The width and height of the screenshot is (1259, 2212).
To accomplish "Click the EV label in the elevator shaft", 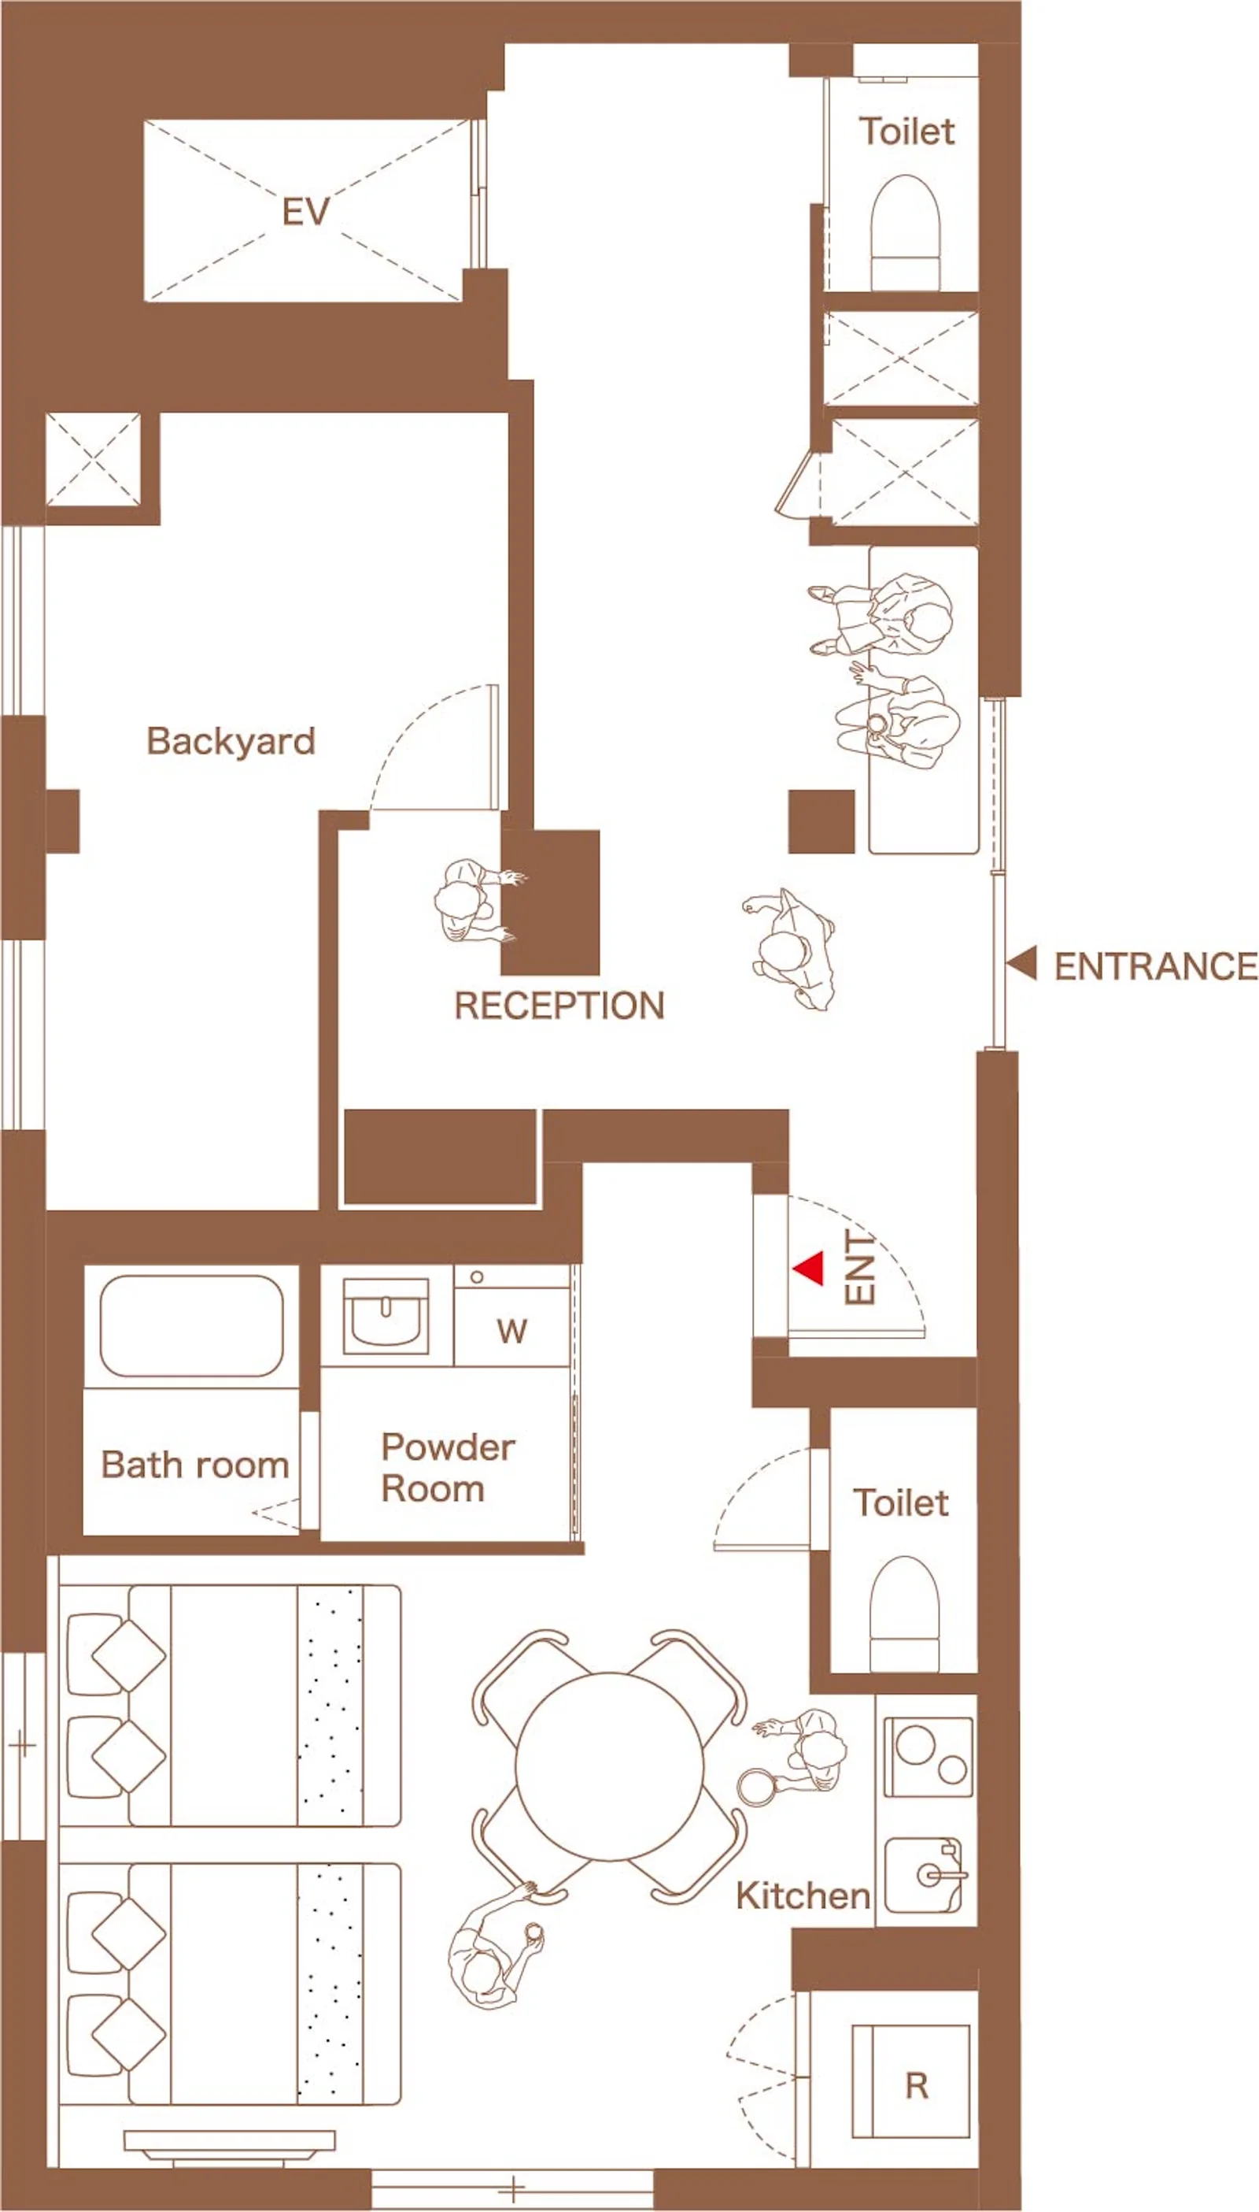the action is (306, 212).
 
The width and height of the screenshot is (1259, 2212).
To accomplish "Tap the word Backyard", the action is (231, 741).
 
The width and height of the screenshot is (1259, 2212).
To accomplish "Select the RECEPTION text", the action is (559, 1006).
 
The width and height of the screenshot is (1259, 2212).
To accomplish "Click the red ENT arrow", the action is (808, 1268).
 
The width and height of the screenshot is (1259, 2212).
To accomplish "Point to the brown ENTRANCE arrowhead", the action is (1022, 963).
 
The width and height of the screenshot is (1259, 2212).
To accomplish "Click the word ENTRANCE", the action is (1156, 966).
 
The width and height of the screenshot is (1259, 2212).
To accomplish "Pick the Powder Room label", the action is (448, 1468).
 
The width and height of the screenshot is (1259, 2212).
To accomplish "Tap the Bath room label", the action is (194, 1465).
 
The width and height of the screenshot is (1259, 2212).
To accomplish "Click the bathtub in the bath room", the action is (192, 1325).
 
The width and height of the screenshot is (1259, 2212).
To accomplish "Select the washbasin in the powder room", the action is (386, 1316).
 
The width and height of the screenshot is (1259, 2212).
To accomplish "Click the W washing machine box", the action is (512, 1316).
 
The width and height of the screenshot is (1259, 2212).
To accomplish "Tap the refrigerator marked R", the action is (910, 2080).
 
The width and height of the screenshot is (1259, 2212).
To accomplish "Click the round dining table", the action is (610, 1766).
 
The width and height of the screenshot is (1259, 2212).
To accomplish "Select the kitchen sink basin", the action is (924, 1875).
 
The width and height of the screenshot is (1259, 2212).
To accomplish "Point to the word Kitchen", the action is (803, 1896).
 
